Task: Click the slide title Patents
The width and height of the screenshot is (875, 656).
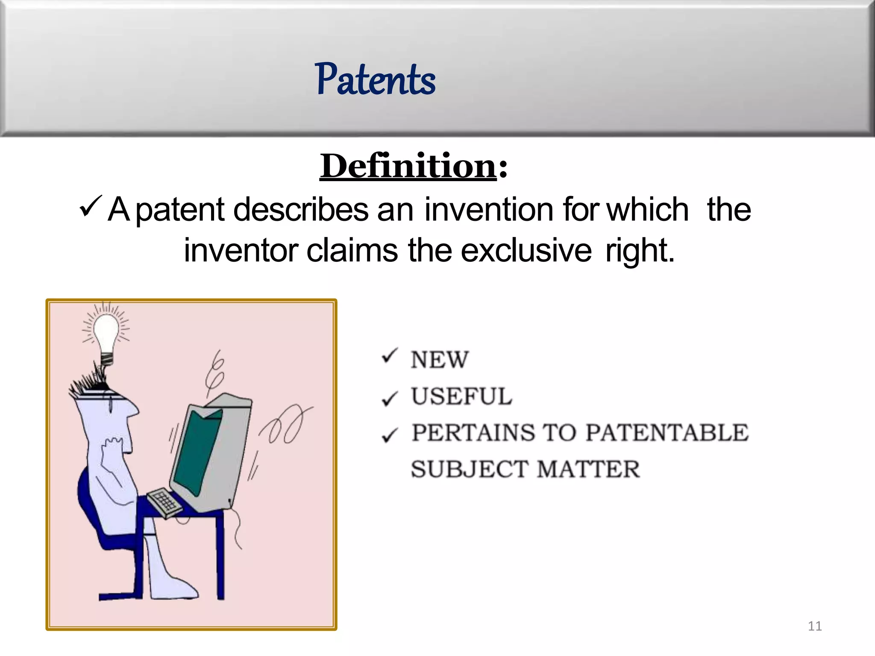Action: click(375, 79)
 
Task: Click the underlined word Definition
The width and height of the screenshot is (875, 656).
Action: click(408, 166)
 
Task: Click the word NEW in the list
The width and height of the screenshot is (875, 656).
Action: click(440, 360)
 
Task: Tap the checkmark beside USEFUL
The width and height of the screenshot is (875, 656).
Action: click(390, 398)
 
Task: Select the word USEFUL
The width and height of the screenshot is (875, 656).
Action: click(461, 396)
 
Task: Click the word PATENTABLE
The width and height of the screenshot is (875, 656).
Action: click(667, 433)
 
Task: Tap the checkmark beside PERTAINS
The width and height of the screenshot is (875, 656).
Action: click(390, 435)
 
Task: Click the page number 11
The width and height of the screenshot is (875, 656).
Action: click(815, 626)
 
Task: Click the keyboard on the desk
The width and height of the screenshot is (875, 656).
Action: click(164, 502)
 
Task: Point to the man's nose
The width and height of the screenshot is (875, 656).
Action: click(133, 410)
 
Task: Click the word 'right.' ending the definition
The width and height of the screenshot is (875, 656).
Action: click(640, 251)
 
